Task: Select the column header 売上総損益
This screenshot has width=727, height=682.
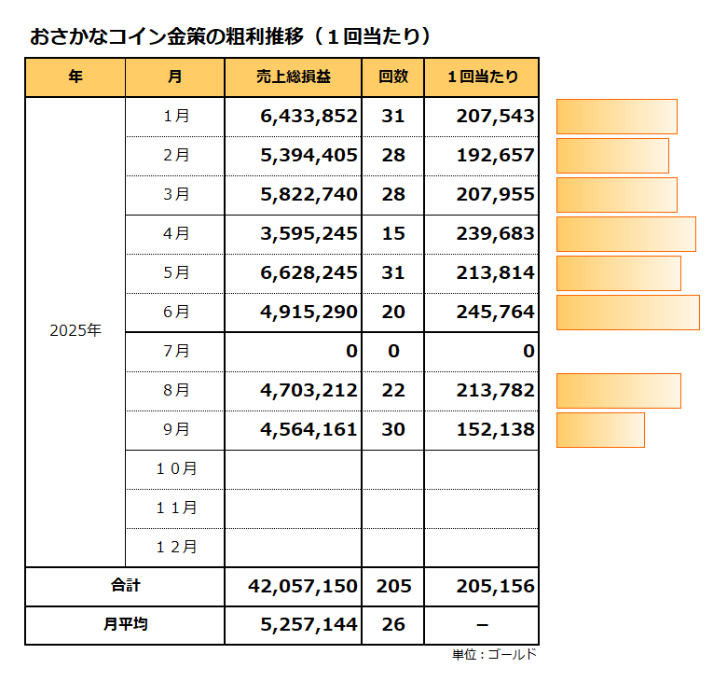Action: [x=293, y=77]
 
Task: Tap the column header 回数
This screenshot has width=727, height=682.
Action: [x=393, y=77]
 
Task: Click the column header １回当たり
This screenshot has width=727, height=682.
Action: [x=482, y=77]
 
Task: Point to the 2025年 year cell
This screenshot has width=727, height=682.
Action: [x=75, y=330]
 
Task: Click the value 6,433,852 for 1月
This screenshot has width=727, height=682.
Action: [x=309, y=117]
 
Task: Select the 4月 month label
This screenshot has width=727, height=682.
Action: [x=175, y=234]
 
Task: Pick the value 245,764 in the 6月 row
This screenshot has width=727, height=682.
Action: [x=495, y=313]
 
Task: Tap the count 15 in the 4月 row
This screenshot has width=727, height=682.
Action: [x=393, y=234]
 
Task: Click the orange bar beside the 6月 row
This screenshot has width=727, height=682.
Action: [x=627, y=313]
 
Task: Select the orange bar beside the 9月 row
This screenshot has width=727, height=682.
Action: [x=600, y=430]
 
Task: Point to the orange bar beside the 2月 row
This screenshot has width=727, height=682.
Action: [x=612, y=156]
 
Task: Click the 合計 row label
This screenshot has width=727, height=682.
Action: [x=125, y=587]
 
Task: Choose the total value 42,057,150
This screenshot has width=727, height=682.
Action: [x=303, y=587]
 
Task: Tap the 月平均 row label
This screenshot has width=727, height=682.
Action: [x=125, y=625]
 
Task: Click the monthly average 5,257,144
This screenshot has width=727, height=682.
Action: [x=309, y=625]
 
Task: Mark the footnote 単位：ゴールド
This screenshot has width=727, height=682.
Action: [x=494, y=655]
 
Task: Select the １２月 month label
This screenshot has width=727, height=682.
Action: [x=175, y=547]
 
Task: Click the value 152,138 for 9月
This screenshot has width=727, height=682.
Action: [x=495, y=430]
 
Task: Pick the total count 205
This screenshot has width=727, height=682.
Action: [x=393, y=587]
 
